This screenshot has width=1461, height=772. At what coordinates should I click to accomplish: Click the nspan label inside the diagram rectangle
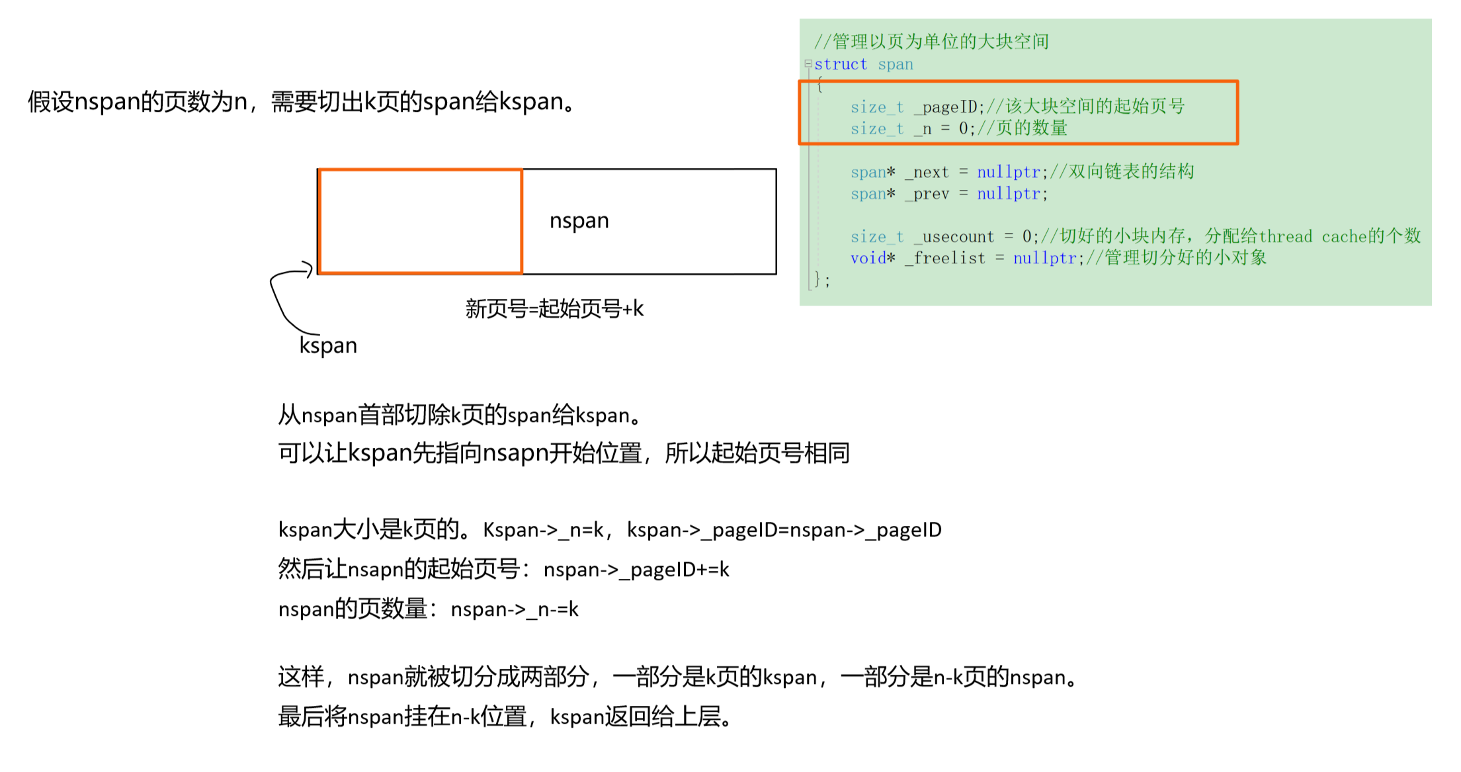(x=579, y=221)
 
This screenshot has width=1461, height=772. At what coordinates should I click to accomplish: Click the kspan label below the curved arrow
(x=328, y=345)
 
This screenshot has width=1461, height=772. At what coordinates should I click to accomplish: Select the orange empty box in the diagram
(x=421, y=221)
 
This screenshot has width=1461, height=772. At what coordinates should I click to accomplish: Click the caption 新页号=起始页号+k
(x=554, y=309)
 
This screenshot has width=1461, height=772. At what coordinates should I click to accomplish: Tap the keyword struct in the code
(x=841, y=64)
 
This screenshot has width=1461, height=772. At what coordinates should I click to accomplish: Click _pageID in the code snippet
(x=950, y=107)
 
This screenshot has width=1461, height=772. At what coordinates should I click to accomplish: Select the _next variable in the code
(x=927, y=173)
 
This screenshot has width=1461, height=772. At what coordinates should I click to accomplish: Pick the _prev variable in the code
(x=927, y=194)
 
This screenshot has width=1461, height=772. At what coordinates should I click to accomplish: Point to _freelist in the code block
(x=946, y=259)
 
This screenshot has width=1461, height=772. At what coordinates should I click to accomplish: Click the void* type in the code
(x=872, y=259)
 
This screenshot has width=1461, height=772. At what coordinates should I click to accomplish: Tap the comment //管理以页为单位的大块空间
(x=931, y=42)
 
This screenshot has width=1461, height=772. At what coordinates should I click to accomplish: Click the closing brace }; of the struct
(x=821, y=279)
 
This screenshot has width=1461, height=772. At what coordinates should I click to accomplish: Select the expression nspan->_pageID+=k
(x=636, y=570)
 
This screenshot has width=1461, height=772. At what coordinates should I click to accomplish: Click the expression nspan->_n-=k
(x=515, y=609)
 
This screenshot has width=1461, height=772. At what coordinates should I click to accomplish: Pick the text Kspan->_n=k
(x=543, y=530)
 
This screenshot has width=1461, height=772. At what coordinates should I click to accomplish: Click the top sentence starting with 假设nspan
(x=302, y=102)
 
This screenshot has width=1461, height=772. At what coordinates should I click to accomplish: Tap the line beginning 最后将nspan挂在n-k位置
(x=505, y=716)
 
